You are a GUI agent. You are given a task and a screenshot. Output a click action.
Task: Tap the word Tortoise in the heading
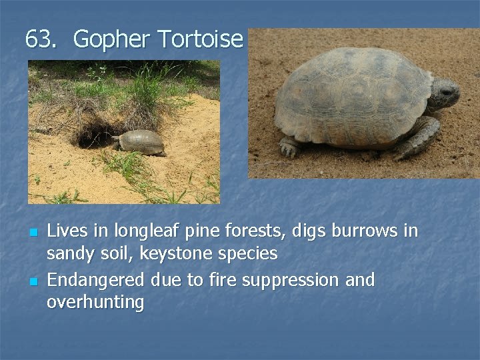[x=200, y=39]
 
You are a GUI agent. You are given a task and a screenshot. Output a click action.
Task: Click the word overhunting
[x=95, y=303]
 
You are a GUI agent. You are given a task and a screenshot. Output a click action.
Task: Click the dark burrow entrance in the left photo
[x=93, y=135]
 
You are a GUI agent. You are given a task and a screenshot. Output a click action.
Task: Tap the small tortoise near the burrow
[x=139, y=142]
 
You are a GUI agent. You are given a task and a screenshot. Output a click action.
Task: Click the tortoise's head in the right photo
[x=443, y=93]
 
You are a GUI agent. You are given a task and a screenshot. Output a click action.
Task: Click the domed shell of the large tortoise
[x=350, y=93]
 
